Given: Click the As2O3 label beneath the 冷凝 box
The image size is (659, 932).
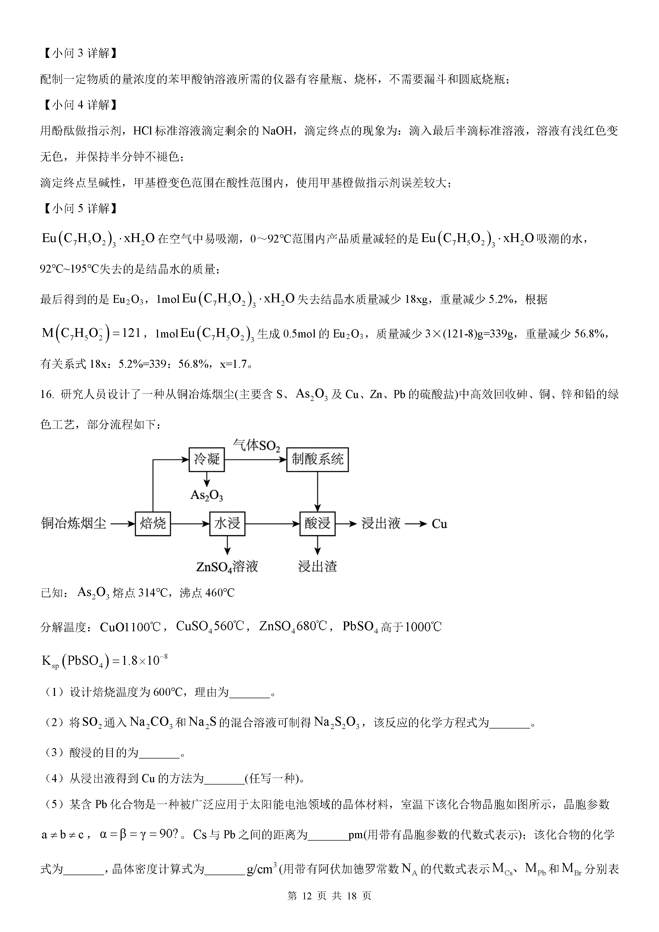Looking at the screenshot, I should pyautogui.click(x=207, y=495).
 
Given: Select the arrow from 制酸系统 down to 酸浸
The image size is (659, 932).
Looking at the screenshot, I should pyautogui.click(x=317, y=491).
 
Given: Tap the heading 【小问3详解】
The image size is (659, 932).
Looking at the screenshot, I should pyautogui.click(x=81, y=53).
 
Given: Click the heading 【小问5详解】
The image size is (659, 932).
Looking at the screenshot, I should pyautogui.click(x=81, y=209).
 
